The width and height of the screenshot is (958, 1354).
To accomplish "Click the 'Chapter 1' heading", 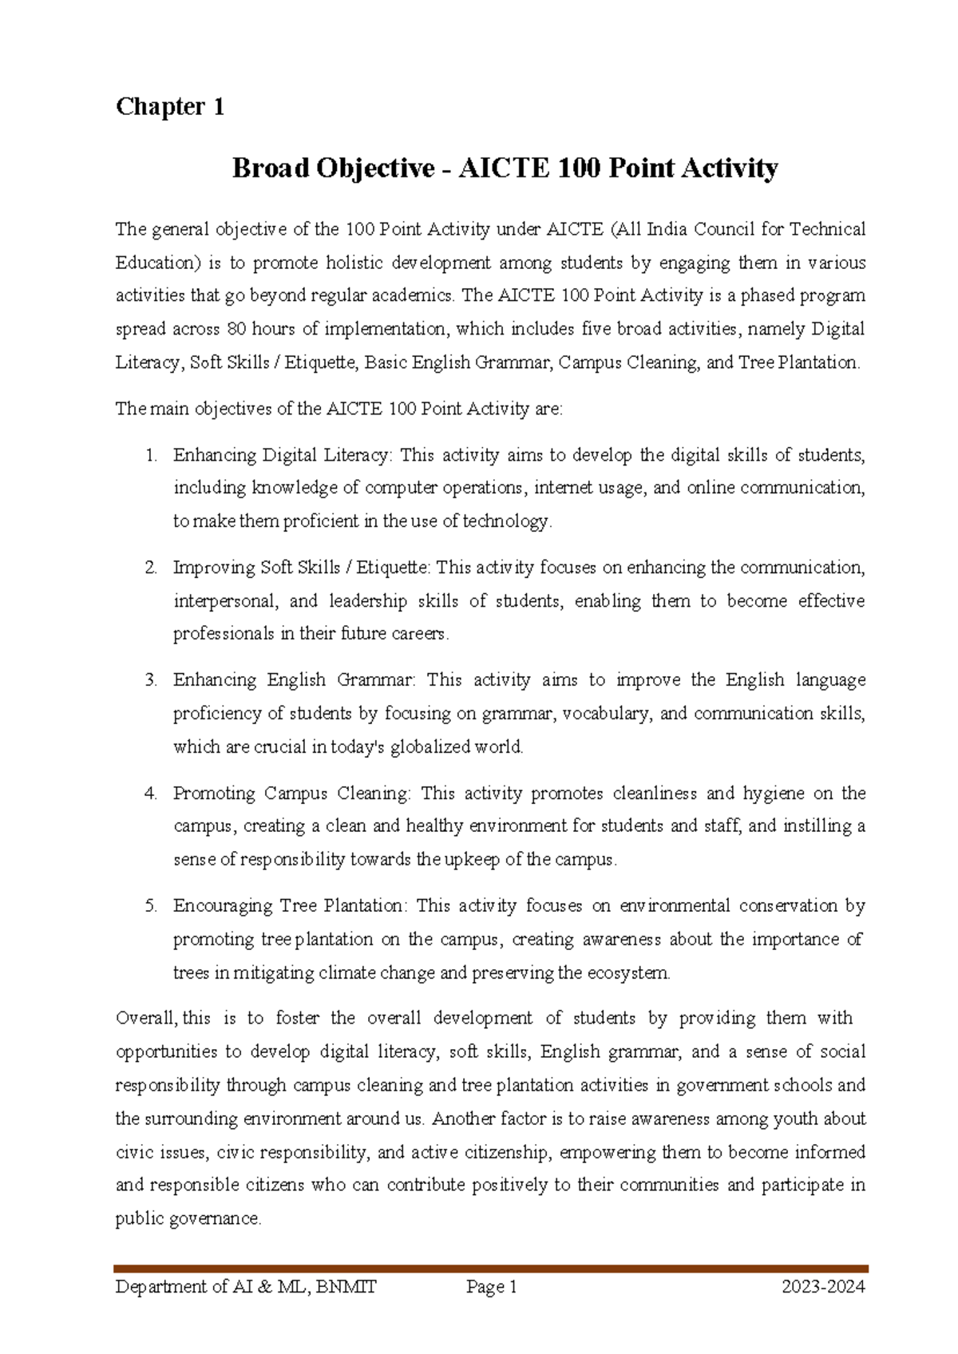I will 169,106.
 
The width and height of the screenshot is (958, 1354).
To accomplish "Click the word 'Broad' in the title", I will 270,168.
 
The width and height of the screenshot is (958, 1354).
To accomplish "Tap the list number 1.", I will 150,455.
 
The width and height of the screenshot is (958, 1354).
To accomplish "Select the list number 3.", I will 150,680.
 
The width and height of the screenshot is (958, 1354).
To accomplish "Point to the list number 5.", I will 150,906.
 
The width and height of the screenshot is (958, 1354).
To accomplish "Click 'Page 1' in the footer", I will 492,1287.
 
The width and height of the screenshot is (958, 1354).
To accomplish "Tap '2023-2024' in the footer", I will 823,1287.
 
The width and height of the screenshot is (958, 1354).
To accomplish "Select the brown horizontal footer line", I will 490,1268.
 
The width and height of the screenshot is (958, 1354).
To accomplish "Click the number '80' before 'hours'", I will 236,329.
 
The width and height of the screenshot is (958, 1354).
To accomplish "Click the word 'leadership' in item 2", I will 367,601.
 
